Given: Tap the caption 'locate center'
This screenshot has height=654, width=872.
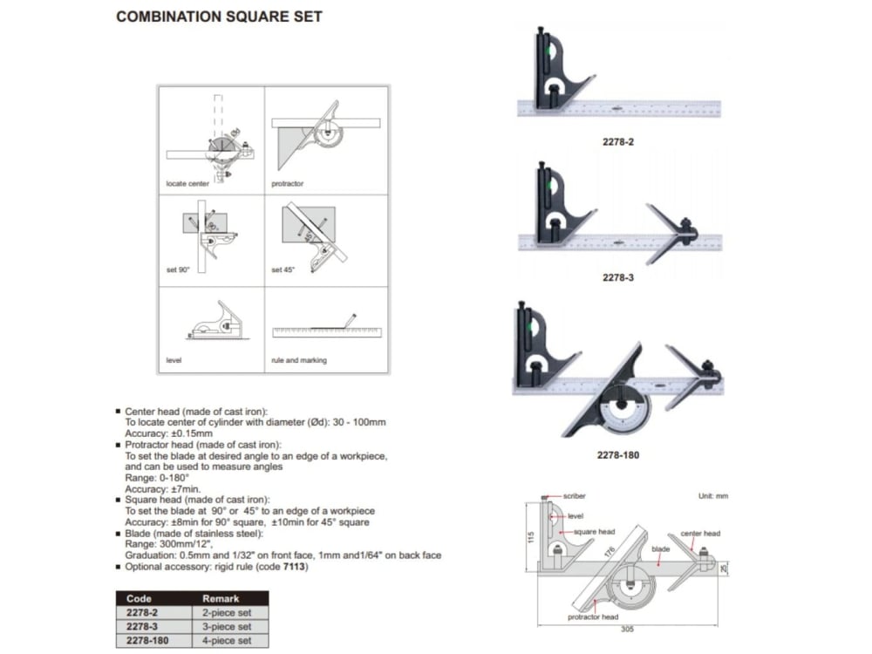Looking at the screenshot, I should click(x=187, y=184).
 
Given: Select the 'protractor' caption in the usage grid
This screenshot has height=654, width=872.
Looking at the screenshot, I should click(x=287, y=184).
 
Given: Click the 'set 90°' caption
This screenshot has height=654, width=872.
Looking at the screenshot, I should click(x=178, y=269).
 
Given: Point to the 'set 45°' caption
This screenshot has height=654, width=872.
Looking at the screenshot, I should click(x=283, y=269).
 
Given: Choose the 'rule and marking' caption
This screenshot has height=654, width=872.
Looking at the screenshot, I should click(x=299, y=360).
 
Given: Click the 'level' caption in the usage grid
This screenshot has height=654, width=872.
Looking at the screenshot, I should click(x=174, y=360).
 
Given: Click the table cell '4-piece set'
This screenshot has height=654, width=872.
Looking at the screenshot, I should click(x=227, y=640).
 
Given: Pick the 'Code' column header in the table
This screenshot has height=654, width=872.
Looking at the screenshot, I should click(x=140, y=599).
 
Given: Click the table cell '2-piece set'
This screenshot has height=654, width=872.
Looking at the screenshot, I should click(x=227, y=613).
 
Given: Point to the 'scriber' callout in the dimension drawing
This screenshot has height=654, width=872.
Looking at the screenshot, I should click(x=575, y=494).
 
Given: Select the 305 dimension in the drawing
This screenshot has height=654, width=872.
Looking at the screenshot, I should click(x=627, y=630).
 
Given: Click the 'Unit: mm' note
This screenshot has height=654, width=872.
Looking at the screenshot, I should click(x=713, y=495).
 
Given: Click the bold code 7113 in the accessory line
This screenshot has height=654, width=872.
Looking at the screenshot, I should click(x=295, y=567).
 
